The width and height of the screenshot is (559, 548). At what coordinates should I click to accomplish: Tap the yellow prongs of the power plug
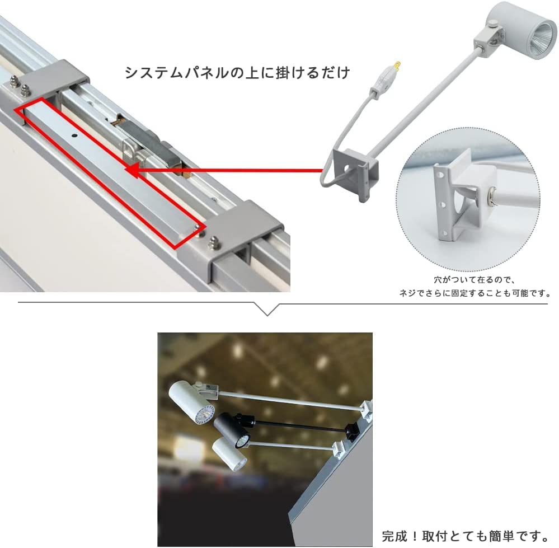[x=398, y=65]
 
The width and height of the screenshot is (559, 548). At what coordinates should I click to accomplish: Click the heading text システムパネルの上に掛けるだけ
[x=237, y=73]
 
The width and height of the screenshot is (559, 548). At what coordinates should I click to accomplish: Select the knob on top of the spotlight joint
[x=493, y=24]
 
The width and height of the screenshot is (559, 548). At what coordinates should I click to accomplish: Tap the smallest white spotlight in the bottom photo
[x=230, y=455]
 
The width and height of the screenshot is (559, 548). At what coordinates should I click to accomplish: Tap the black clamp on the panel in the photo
[x=352, y=430]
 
